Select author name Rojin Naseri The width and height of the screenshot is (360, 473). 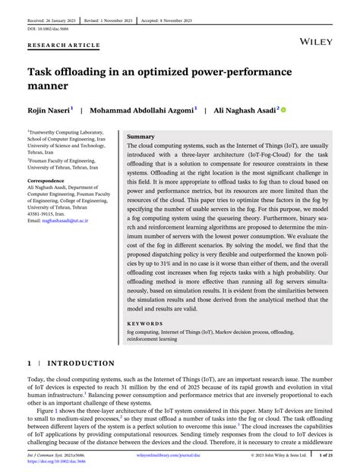pos(48,110)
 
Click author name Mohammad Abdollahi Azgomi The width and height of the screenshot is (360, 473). pos(145,110)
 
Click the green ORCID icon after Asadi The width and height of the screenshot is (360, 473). pos(285,110)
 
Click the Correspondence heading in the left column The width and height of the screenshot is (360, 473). pos(45,181)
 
